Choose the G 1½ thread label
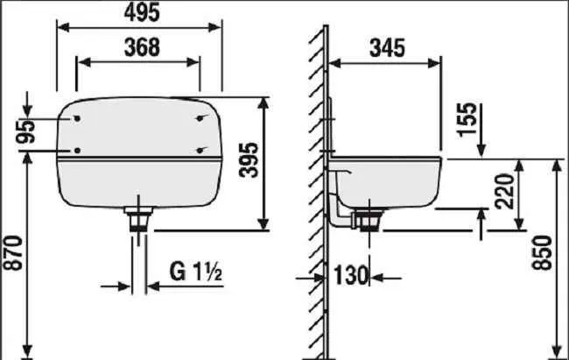196,272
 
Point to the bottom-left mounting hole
78,151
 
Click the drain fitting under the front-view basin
138,215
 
